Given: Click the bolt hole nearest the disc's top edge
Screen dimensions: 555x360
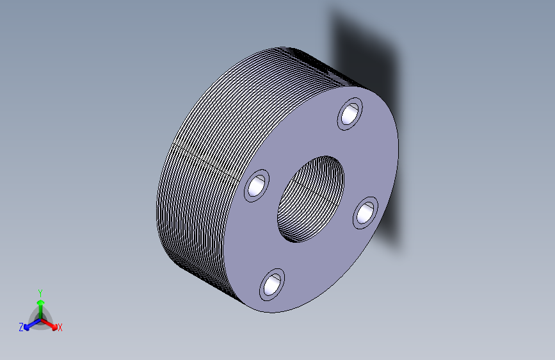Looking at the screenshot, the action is (350, 114).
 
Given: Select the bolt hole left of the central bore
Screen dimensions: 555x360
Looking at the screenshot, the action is (257, 186).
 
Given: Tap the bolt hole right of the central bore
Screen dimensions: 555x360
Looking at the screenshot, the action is (366, 213).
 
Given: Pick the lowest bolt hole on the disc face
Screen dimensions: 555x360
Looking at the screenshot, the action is (272, 285).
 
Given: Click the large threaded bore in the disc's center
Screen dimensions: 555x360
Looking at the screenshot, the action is (310, 199).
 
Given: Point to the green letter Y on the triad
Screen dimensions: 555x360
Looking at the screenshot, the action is (40, 293).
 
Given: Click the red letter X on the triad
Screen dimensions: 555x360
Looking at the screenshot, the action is (60, 328).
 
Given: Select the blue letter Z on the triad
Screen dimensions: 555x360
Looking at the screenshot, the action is (21, 327).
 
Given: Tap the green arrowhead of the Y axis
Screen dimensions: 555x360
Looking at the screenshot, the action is (41, 302).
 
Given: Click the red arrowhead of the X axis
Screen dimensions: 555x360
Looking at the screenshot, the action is (54, 327).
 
